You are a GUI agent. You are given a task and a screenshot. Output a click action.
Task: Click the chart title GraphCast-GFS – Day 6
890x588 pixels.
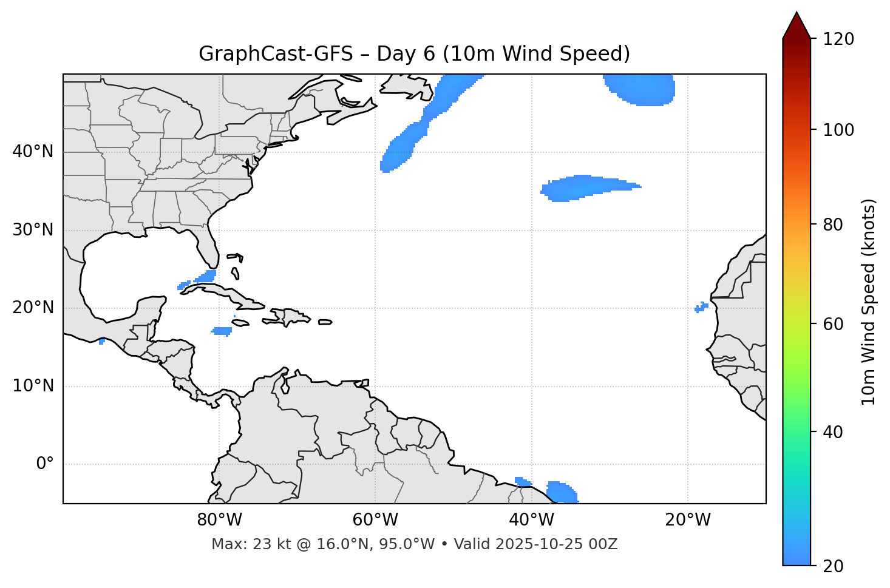click(414, 54)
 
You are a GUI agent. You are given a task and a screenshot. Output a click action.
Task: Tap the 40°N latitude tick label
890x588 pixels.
click(33, 152)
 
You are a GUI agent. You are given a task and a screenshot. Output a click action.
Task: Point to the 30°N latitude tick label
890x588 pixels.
click(33, 230)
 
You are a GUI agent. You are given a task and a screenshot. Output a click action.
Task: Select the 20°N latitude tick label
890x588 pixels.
click(33, 308)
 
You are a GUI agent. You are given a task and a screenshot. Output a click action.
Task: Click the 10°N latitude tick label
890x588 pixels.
click(33, 386)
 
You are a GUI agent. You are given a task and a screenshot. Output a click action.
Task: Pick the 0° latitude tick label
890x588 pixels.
click(45, 464)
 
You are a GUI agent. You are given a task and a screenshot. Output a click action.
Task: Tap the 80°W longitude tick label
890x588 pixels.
click(219, 520)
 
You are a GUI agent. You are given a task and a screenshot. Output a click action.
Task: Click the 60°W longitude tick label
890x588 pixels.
click(375, 520)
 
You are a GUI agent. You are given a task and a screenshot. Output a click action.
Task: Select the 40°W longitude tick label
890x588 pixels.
click(531, 520)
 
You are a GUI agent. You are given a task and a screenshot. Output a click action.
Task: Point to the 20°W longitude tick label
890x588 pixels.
click(687, 520)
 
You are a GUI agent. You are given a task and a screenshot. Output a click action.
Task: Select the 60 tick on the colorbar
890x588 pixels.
click(835, 323)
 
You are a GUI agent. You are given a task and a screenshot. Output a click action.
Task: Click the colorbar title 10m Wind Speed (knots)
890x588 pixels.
click(869, 302)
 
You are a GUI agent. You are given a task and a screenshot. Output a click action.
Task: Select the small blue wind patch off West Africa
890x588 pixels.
click(701, 307)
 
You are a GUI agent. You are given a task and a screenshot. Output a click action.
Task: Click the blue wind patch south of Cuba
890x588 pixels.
click(222, 331)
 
